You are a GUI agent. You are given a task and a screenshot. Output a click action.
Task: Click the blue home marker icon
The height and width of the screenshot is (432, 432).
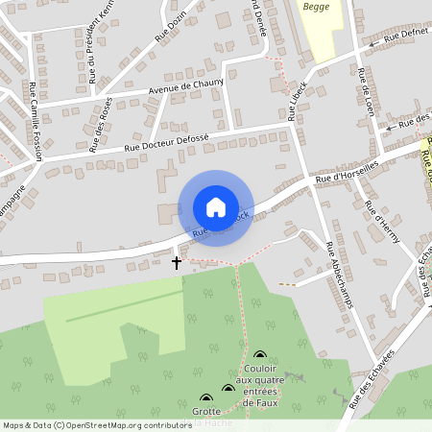(216, 207)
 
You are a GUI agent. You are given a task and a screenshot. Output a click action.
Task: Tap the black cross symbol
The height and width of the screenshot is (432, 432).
(177, 261)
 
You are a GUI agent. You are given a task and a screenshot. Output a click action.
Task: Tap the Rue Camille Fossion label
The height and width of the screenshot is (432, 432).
(37, 119)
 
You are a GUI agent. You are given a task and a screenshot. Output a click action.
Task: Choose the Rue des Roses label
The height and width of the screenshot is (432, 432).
(101, 125)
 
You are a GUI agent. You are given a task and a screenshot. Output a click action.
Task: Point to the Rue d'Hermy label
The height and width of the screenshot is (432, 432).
(380, 223)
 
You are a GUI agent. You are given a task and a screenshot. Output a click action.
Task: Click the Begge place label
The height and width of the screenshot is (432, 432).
(316, 7)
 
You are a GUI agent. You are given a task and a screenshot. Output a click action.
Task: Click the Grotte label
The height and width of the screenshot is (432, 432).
(206, 412)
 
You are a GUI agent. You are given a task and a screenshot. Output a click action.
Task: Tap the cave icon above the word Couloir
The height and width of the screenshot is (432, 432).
(259, 355)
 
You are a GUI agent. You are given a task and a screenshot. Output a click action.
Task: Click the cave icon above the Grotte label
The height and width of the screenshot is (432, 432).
(206, 397)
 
